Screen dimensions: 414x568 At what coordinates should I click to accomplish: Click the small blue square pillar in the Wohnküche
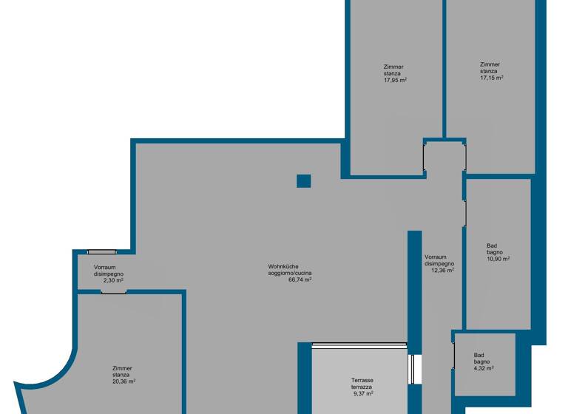pyautogui.click(x=303, y=181)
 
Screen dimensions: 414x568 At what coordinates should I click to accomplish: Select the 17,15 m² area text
pyautogui.click(x=491, y=77)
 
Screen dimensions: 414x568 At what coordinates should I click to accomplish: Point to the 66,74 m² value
pyautogui.click(x=299, y=280)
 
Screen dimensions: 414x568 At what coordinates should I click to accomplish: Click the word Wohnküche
pyautogui.click(x=283, y=267)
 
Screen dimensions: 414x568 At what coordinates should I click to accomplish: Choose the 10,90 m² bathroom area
pyautogui.click(x=498, y=259)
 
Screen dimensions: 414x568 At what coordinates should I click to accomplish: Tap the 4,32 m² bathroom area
pyautogui.click(x=484, y=367)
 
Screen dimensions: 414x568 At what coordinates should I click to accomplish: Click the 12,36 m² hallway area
pyautogui.click(x=442, y=270)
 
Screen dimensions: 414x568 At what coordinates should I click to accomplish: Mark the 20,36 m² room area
pyautogui.click(x=124, y=381)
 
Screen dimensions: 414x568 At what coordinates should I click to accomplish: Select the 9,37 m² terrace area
pyautogui.click(x=362, y=393)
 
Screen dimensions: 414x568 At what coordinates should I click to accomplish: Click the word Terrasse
pyautogui.click(x=362, y=380)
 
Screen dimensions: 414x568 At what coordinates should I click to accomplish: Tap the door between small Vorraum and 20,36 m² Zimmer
pyautogui.click(x=113, y=291)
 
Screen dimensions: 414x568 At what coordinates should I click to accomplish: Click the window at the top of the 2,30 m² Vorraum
pyautogui.click(x=102, y=252)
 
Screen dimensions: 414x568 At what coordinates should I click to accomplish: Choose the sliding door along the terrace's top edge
pyautogui.click(x=359, y=344)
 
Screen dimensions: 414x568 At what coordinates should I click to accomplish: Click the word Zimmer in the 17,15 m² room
pyautogui.click(x=490, y=64)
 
